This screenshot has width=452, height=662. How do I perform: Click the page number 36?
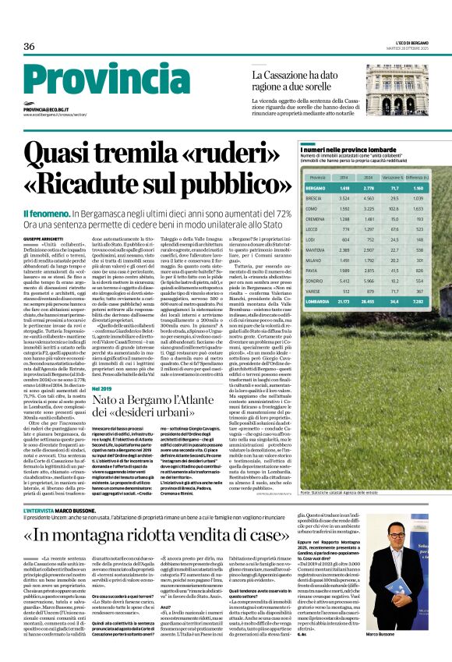click(x=30, y=47)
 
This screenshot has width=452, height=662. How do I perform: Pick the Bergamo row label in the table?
click(x=316, y=189)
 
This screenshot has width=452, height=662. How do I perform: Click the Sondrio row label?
click(x=316, y=280)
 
